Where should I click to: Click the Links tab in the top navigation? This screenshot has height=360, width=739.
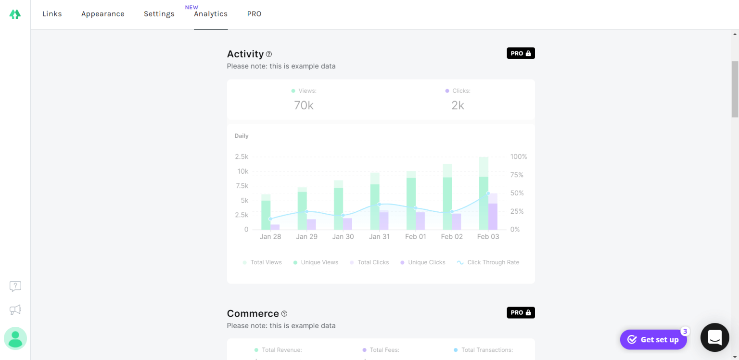[x=52, y=14]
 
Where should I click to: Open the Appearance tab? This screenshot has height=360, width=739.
[x=102, y=14]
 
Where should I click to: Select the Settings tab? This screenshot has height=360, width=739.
[x=159, y=14]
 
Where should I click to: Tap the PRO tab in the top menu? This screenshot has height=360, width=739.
[x=254, y=14]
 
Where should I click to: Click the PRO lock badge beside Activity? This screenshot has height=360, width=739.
[x=521, y=53]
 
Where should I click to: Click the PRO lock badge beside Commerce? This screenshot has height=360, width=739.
[x=521, y=313]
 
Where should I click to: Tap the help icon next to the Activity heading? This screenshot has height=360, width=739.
[x=269, y=54]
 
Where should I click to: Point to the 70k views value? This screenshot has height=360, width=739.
[x=304, y=105]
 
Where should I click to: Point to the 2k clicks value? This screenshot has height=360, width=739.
[x=458, y=105]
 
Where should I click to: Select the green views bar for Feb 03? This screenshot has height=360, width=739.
[x=484, y=202]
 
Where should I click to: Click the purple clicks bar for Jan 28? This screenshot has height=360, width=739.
[x=275, y=227]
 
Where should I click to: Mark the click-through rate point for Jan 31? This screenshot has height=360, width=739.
[x=379, y=205]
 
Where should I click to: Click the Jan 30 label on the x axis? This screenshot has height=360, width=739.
[x=343, y=237]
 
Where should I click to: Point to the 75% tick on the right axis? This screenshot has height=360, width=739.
[x=517, y=175]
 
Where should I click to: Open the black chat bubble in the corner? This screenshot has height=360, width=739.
[x=715, y=337]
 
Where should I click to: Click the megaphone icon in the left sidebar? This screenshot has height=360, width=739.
[x=15, y=310]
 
